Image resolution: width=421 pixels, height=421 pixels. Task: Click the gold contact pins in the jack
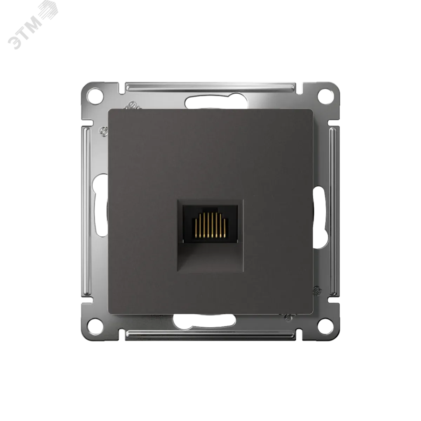coord(210,225)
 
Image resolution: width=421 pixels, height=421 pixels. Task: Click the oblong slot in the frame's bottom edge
coord(205,322)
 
